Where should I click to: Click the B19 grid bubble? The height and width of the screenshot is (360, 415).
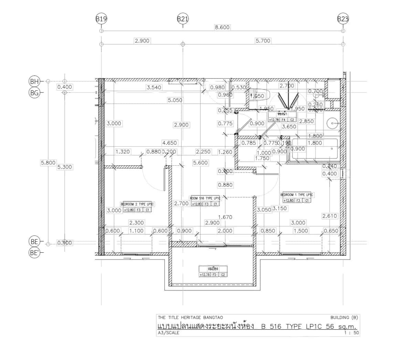tap(101, 19)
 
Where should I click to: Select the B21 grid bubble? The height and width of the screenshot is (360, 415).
tap(183, 19)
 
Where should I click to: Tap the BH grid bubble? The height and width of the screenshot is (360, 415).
tap(34, 81)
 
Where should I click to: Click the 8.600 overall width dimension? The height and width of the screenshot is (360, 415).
tap(222, 28)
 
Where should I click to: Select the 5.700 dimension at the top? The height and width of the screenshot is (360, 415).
tap(263, 41)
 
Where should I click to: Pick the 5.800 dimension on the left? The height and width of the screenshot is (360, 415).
tap(48, 163)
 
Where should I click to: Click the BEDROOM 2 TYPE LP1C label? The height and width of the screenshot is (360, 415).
tap(137, 204)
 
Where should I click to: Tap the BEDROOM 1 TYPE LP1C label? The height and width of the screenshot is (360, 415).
tap(297, 195)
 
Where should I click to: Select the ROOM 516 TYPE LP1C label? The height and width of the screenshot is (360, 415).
tap(205, 198)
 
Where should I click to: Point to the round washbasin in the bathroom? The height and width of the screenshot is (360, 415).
tap(333, 122)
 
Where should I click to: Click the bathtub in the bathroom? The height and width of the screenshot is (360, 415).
tap(315, 150)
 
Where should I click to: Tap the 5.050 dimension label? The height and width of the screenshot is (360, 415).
tap(175, 100)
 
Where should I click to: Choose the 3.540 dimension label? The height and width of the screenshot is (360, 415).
tap(154, 87)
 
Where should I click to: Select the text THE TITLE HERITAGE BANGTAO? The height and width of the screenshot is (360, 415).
tap(190, 318)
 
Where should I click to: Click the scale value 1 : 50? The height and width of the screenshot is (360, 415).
tap(351, 332)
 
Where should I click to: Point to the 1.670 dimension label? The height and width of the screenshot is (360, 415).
tap(225, 217)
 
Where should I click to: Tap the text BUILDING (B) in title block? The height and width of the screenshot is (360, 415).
tap(344, 318)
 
